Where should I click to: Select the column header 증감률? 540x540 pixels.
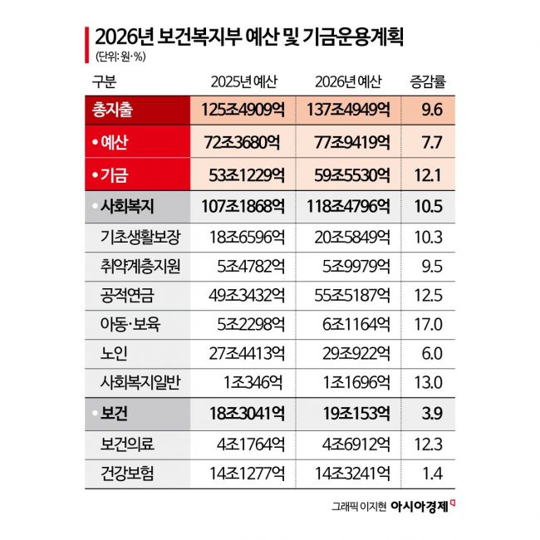coord(430,81)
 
